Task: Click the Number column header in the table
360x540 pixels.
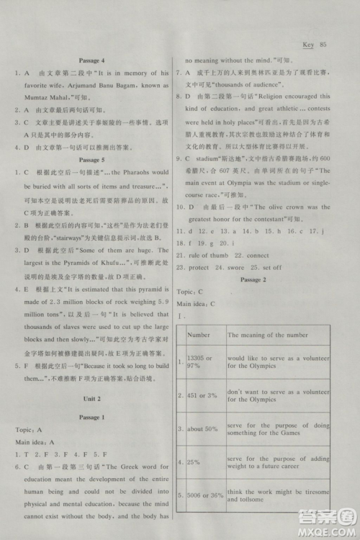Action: point(199,335)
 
